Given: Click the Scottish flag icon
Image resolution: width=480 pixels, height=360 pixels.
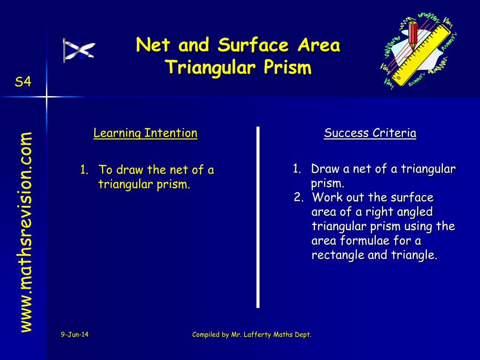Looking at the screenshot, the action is tap(79, 50).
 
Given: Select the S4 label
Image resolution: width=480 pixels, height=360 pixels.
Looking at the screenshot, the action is tap(23, 82).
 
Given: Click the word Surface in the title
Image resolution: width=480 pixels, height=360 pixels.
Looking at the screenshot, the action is tap(253, 45).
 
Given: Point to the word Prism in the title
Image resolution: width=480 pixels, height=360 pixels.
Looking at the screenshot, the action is tap(287, 67).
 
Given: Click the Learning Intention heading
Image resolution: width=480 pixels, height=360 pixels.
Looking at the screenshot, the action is tap(145, 133).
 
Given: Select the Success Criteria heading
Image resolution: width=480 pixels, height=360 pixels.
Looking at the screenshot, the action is tap(370, 133).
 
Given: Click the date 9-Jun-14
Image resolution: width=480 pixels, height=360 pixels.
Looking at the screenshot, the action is tap(75, 335).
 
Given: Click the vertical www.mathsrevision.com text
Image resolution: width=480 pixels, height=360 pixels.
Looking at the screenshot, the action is tap(26, 232).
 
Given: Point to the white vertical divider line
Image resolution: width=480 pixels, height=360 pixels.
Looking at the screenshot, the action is tap(258, 217).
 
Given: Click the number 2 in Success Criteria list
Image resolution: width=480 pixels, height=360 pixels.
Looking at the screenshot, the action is tap(298, 197).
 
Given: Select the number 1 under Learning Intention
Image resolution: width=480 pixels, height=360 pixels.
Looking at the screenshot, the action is tap(84, 170).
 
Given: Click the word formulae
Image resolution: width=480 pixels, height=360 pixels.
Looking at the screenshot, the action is tap(365, 240).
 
